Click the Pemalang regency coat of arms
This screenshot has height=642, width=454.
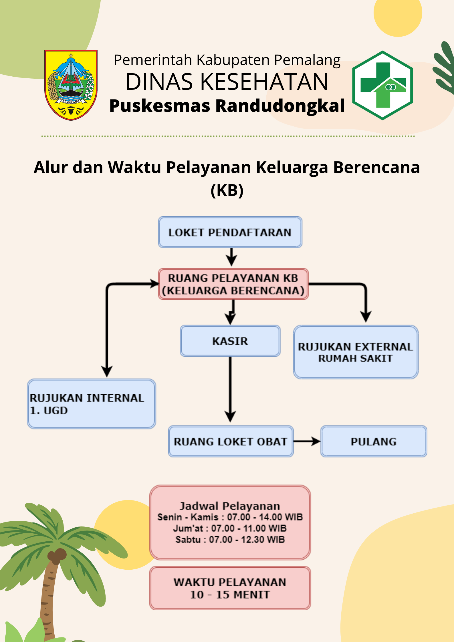pos(71,85)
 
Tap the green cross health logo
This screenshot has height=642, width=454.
pos(382,85)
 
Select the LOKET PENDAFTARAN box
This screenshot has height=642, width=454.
pos(230,232)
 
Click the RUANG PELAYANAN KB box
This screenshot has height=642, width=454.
pos(233,284)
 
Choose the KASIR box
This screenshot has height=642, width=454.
pos(230,341)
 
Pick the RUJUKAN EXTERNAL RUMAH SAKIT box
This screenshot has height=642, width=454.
pos(356,352)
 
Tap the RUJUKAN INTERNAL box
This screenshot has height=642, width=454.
pos(92,404)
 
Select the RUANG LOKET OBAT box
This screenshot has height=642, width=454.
pos(231,442)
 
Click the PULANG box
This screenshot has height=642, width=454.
pos(374,442)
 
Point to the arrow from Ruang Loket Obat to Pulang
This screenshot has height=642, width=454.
pos(307,442)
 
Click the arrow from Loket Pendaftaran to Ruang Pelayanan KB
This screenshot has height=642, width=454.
pos(231,257)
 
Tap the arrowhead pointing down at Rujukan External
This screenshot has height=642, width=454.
pos(366,317)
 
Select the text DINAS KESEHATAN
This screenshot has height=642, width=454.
pos(227,82)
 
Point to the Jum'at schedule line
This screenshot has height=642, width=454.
pos(230,528)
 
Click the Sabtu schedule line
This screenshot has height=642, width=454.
pos(230,540)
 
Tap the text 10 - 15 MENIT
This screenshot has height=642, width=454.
pos(230,595)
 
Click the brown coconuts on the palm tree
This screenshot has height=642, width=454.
pos(57,555)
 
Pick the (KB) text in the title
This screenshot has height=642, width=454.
pos(227,190)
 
